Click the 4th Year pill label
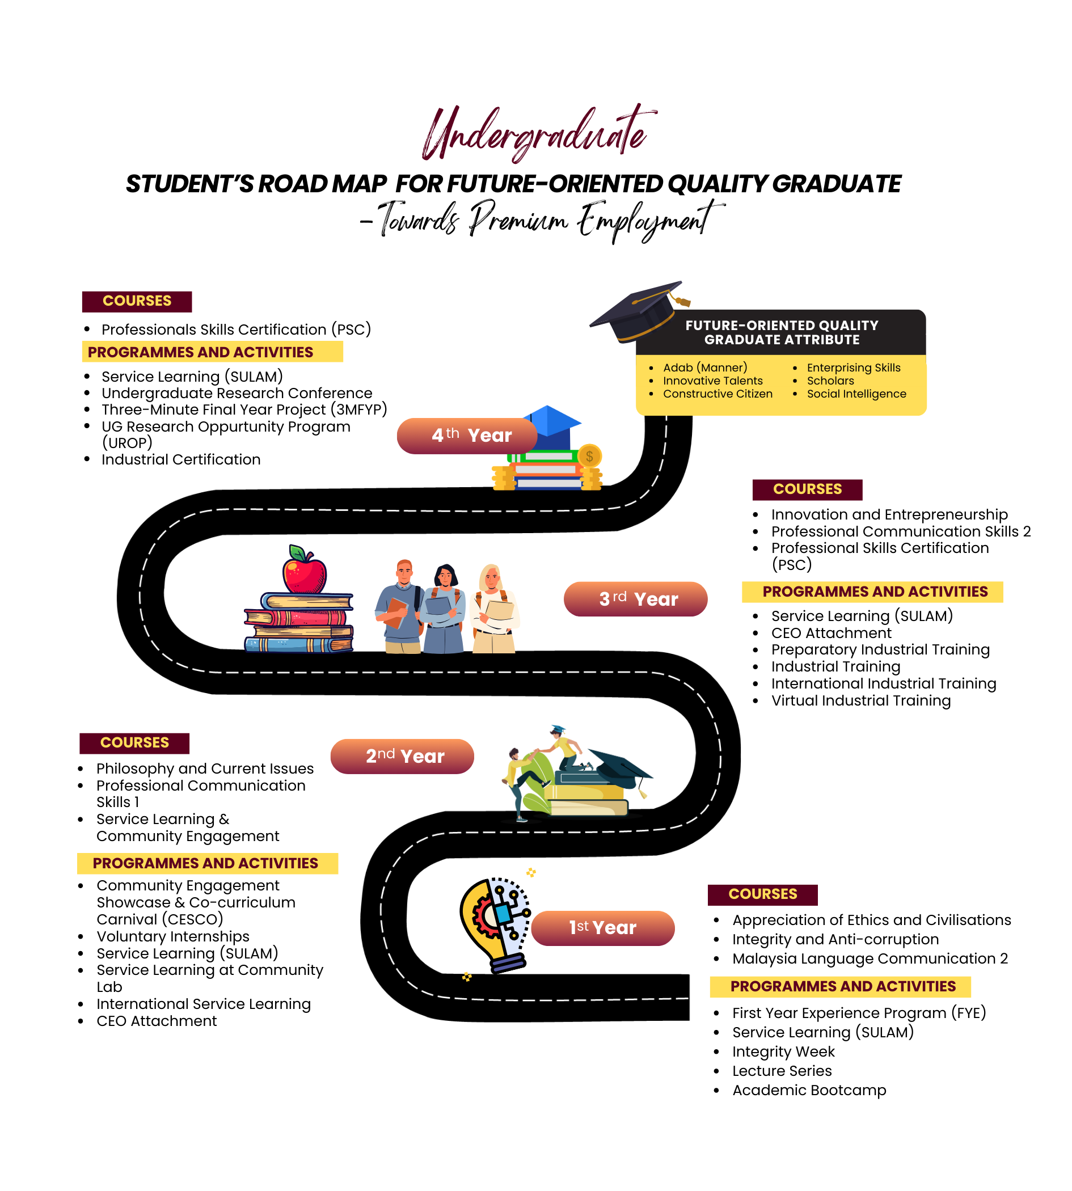467,436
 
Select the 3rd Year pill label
635,599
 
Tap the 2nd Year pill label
402,757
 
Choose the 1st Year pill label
603,928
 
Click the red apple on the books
304,570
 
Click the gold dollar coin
590,457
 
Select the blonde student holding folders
493,608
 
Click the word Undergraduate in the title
537,133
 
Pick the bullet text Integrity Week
783,1052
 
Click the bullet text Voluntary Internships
173,936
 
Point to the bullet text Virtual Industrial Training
861,701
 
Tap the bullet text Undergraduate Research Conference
237,393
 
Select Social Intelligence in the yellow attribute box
856,394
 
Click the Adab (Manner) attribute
705,368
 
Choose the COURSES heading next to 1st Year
763,894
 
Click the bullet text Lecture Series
782,1071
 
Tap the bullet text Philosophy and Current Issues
205,768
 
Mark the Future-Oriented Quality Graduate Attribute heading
782,333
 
